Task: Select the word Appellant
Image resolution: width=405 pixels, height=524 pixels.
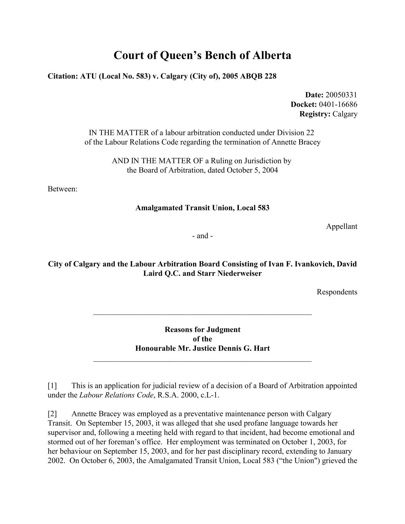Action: pyautogui.click(x=342, y=227)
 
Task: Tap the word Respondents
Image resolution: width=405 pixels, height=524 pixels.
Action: pyautogui.click(x=337, y=292)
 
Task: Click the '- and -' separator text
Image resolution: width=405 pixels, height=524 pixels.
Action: pyautogui.click(x=202, y=236)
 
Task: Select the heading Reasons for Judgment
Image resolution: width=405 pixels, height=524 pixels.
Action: pyautogui.click(x=202, y=330)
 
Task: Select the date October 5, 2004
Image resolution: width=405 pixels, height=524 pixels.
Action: pyautogui.click(x=252, y=170)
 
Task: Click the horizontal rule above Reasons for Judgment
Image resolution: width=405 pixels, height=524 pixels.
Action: pyautogui.click(x=202, y=314)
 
